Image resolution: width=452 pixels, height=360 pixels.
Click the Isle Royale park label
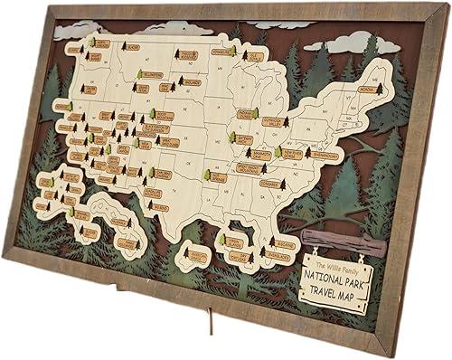(x=255, y=56)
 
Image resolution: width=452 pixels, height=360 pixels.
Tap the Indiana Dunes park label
(x=244, y=115)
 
